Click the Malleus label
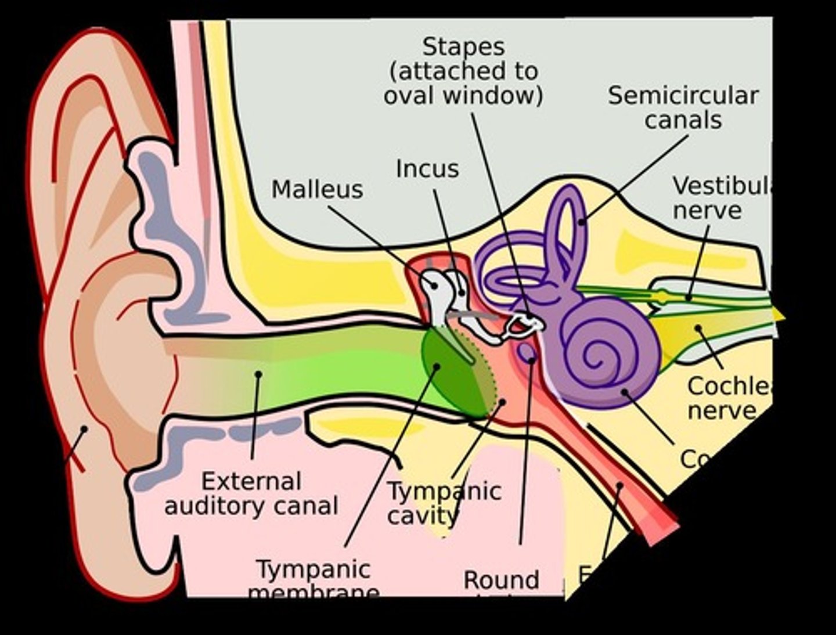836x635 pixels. point(317,190)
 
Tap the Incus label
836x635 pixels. point(427,169)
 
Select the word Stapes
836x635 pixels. point(463,46)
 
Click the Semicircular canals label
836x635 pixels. point(683,108)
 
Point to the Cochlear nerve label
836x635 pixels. point(729,398)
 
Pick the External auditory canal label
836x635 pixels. point(251,493)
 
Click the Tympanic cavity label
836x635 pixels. point(444,503)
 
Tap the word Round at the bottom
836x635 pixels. point(501,579)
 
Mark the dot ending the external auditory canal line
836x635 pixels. point(259,374)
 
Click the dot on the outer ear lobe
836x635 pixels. point(84,430)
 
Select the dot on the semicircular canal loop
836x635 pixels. point(582,221)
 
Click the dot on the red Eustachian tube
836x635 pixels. point(619,485)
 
